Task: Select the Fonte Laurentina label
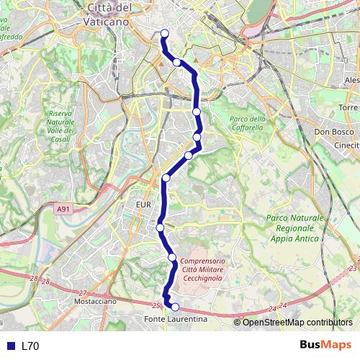coord(176,318)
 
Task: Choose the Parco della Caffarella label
coord(248,123)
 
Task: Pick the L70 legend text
coord(30,346)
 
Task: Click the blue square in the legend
coord(10,346)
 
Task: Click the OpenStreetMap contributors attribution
coord(297,322)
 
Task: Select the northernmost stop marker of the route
coord(164,32)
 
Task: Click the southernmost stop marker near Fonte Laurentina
coord(175,307)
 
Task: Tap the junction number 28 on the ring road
coord(34,278)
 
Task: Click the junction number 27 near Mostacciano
coord(82,292)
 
